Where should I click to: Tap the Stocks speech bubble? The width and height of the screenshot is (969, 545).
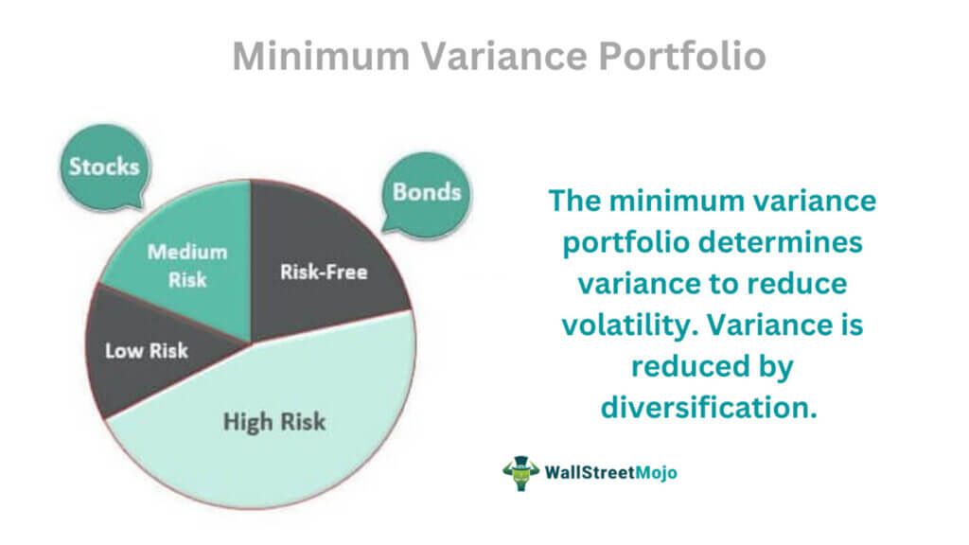pos(103,167)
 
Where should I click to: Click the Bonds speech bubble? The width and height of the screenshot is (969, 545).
pos(427,192)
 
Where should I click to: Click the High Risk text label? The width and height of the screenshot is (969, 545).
pos(274,421)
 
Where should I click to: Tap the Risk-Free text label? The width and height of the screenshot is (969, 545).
pos(324,272)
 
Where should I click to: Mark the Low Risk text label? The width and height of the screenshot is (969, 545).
pos(147,350)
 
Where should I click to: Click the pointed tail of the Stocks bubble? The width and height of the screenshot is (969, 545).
pos(139,202)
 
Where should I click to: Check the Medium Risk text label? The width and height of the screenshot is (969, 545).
pos(186,266)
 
